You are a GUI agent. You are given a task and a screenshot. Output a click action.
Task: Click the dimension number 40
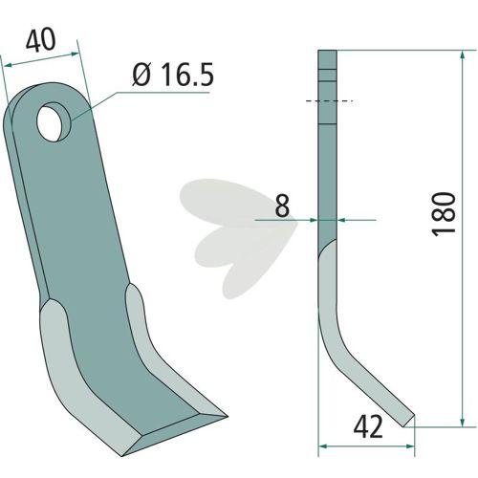pos(40,40)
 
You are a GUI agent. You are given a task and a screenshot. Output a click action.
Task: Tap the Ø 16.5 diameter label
pos(173,76)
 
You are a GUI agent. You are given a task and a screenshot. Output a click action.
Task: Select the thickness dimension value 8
pos(282,206)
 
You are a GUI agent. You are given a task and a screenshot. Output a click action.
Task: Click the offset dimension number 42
pos(368,427)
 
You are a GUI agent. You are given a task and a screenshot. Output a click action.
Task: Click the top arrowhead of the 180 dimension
pos(463,54)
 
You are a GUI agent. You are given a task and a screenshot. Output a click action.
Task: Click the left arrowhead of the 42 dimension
pos(323,446)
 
